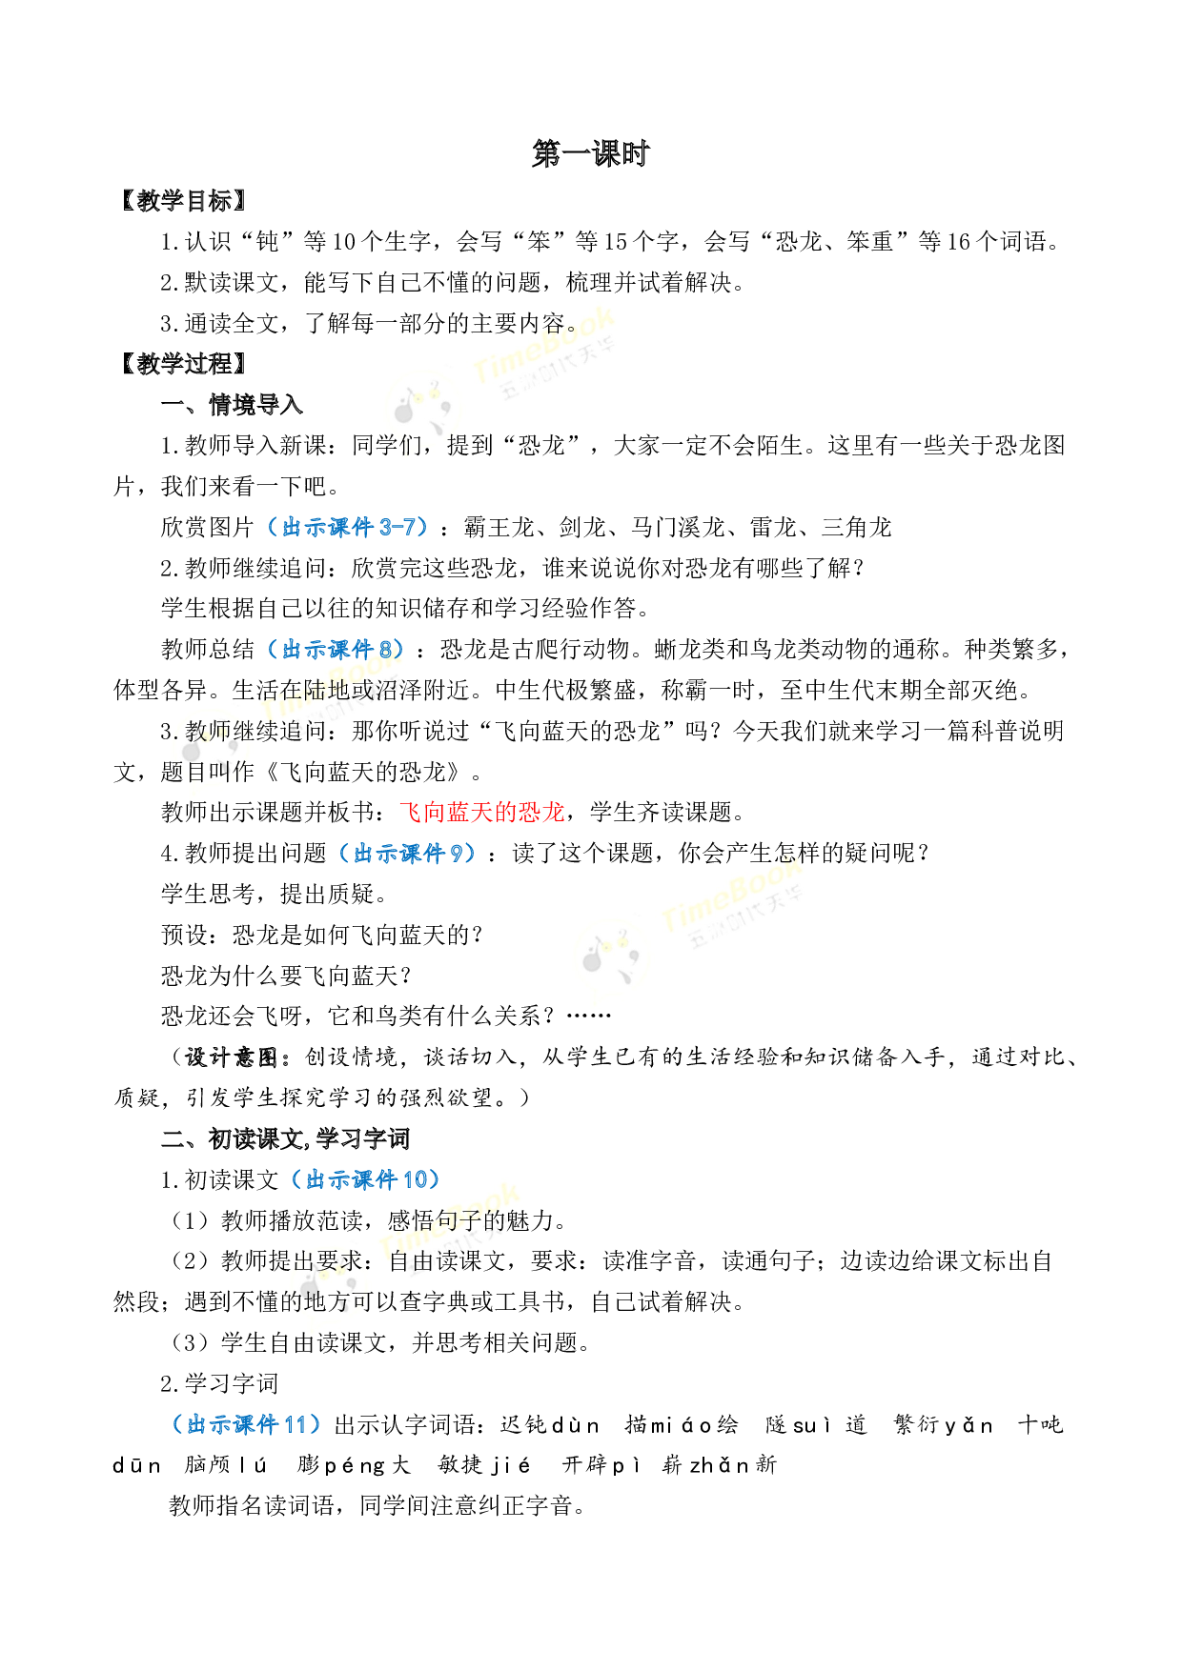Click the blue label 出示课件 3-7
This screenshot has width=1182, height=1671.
click(x=348, y=527)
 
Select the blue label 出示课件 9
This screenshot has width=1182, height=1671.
click(x=407, y=854)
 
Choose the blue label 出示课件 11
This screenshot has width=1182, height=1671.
click(x=247, y=1424)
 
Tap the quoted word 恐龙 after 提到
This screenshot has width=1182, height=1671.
click(x=540, y=445)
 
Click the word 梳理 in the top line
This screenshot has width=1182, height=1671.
click(x=589, y=283)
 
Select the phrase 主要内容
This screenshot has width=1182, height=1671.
click(x=519, y=324)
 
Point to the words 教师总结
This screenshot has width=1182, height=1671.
click(x=208, y=650)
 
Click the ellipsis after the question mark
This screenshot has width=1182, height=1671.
click(x=588, y=1015)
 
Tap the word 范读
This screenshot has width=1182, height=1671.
click(x=340, y=1220)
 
